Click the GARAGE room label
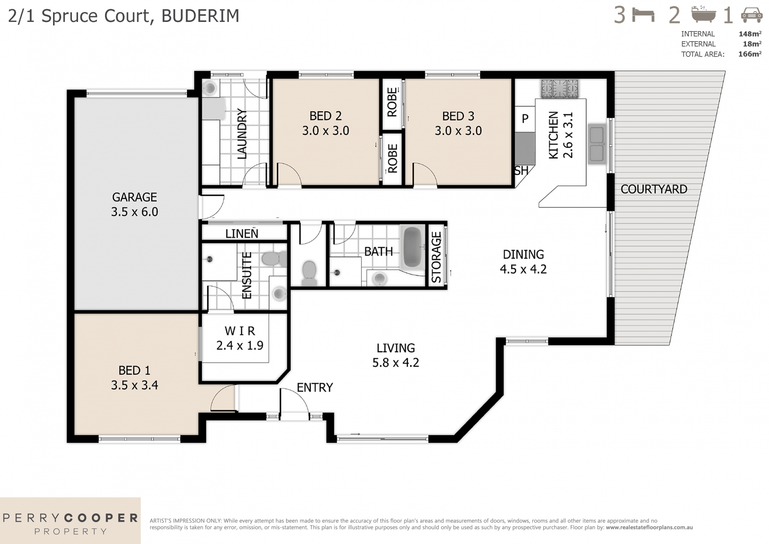(x=134, y=197)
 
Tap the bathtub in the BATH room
(x=412, y=247)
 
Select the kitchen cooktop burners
(x=559, y=88)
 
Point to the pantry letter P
(x=525, y=119)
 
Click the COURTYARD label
(x=654, y=189)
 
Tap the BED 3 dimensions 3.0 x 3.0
(x=458, y=131)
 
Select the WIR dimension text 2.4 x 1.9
(x=240, y=345)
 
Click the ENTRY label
(x=315, y=387)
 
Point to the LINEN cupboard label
(x=241, y=234)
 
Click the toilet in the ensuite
(x=273, y=259)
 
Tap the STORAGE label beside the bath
(x=436, y=257)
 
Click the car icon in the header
(x=751, y=16)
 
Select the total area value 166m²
(x=749, y=54)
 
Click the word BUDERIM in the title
(x=200, y=16)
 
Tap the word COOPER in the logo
(x=101, y=518)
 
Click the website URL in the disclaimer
(x=649, y=527)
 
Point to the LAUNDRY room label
(x=241, y=133)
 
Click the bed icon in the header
(x=643, y=16)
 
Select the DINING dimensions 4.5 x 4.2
(x=523, y=269)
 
